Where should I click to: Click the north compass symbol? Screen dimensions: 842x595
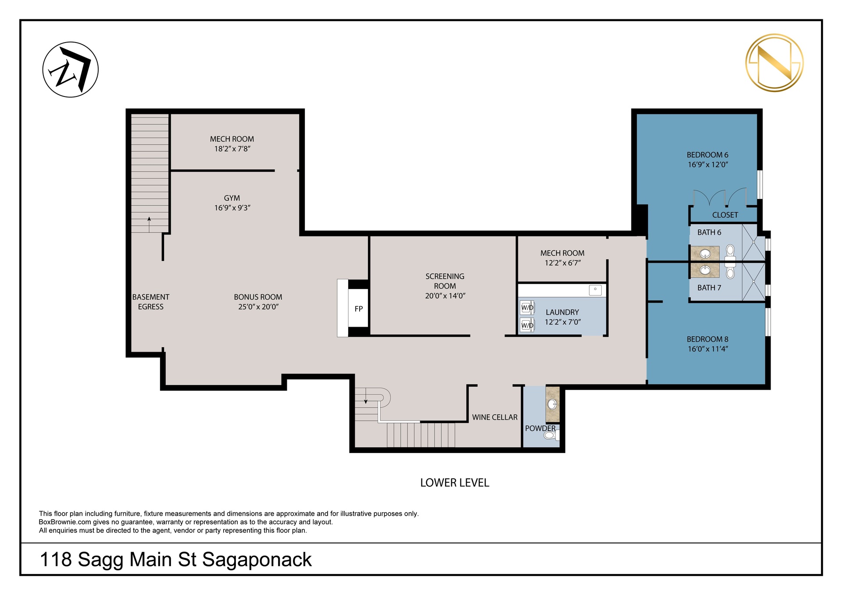tap(70, 70)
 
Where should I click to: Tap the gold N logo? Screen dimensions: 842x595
tap(774, 62)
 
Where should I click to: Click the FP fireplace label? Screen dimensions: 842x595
tap(359, 309)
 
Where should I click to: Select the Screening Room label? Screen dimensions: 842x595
tap(445, 281)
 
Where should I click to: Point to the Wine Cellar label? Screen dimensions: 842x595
tap(495, 417)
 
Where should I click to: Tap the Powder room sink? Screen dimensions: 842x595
tap(553, 404)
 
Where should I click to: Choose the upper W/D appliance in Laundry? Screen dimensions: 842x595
tap(527, 307)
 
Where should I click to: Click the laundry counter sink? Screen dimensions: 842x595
tap(595, 290)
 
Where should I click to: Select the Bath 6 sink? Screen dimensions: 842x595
tap(705, 254)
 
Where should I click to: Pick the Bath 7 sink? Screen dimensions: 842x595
tap(705, 270)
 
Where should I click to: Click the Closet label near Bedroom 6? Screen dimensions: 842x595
tap(725, 215)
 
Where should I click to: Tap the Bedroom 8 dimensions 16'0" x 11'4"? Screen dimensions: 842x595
tap(708, 349)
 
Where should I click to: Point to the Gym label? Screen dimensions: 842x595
tap(232, 198)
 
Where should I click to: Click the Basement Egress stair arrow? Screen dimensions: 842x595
tap(149, 224)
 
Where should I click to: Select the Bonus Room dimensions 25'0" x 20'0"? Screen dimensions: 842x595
tap(258, 307)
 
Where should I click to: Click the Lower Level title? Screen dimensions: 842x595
tap(455, 483)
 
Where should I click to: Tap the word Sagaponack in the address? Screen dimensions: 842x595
tap(257, 560)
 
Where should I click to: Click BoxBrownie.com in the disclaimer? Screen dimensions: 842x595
tap(65, 522)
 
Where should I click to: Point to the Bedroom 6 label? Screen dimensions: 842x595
tap(707, 155)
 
